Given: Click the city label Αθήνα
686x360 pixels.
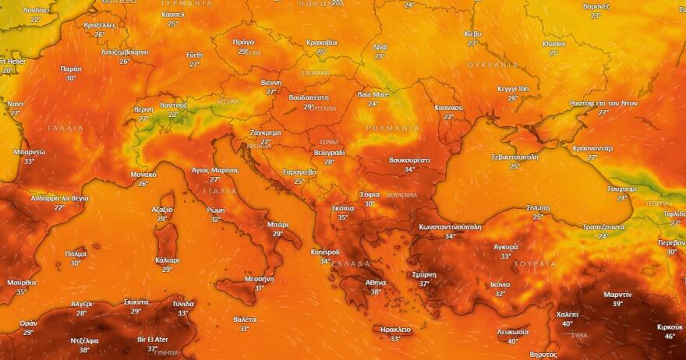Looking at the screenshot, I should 376,283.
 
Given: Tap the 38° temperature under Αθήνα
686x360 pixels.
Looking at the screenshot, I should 376,292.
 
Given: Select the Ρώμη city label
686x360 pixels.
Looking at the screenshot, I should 216,210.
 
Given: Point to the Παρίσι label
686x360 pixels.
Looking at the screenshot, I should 71,69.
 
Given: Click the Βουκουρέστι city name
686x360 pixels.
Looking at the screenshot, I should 409,160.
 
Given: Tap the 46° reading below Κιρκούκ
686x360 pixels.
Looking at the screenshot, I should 670,337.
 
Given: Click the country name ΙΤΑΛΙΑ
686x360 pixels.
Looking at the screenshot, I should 214,191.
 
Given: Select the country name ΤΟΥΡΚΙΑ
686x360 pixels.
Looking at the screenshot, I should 536,263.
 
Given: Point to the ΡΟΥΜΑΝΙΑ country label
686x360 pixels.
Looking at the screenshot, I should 393,128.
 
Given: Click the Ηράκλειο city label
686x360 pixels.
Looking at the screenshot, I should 395,330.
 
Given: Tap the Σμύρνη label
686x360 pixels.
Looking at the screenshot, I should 424,274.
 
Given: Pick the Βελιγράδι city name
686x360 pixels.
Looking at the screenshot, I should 329,153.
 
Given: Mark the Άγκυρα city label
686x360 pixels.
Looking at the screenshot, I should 506,247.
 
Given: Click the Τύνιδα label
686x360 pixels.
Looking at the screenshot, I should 183,303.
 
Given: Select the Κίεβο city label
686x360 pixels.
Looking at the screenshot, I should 472,34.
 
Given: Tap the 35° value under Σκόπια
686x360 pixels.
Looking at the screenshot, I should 342,217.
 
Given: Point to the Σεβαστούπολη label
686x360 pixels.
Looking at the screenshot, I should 514,157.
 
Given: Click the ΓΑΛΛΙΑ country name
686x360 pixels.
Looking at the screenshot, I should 65,128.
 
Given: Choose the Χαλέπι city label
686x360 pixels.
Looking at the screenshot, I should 567,314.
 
